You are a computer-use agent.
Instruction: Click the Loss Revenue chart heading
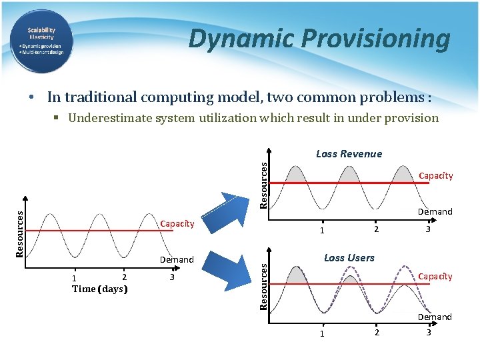[349, 154]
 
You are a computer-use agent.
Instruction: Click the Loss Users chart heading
[349, 258]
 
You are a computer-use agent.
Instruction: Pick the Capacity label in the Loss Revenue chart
[435, 176]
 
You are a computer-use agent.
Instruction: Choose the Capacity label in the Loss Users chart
[435, 277]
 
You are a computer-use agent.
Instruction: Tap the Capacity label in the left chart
[177, 224]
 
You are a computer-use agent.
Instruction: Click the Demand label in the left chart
[177, 260]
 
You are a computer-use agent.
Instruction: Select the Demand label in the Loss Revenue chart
[435, 212]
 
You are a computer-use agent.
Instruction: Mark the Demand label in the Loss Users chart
[435, 317]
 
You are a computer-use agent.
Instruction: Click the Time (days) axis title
[99, 289]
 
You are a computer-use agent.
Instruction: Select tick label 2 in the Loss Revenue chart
[377, 230]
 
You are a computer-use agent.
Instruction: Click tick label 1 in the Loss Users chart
[321, 333]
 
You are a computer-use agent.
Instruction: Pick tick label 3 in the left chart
[172, 277]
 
